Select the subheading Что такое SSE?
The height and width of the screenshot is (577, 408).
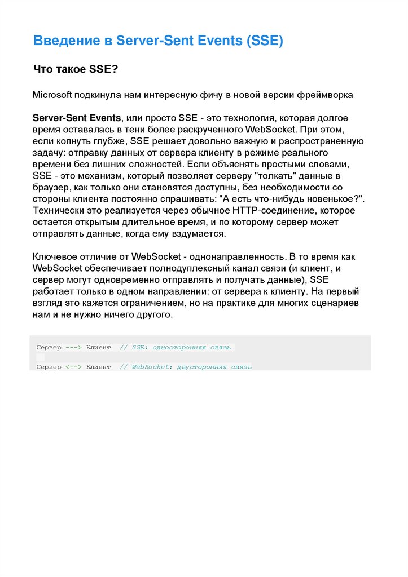pos(75,69)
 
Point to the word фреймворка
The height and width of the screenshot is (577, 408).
pos(328,95)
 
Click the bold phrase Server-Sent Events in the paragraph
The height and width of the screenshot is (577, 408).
pos(77,118)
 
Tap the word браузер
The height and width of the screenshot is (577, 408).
pos(50,188)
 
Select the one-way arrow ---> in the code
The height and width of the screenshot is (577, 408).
pos(74,348)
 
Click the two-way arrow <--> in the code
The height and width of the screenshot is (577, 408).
pos(74,367)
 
